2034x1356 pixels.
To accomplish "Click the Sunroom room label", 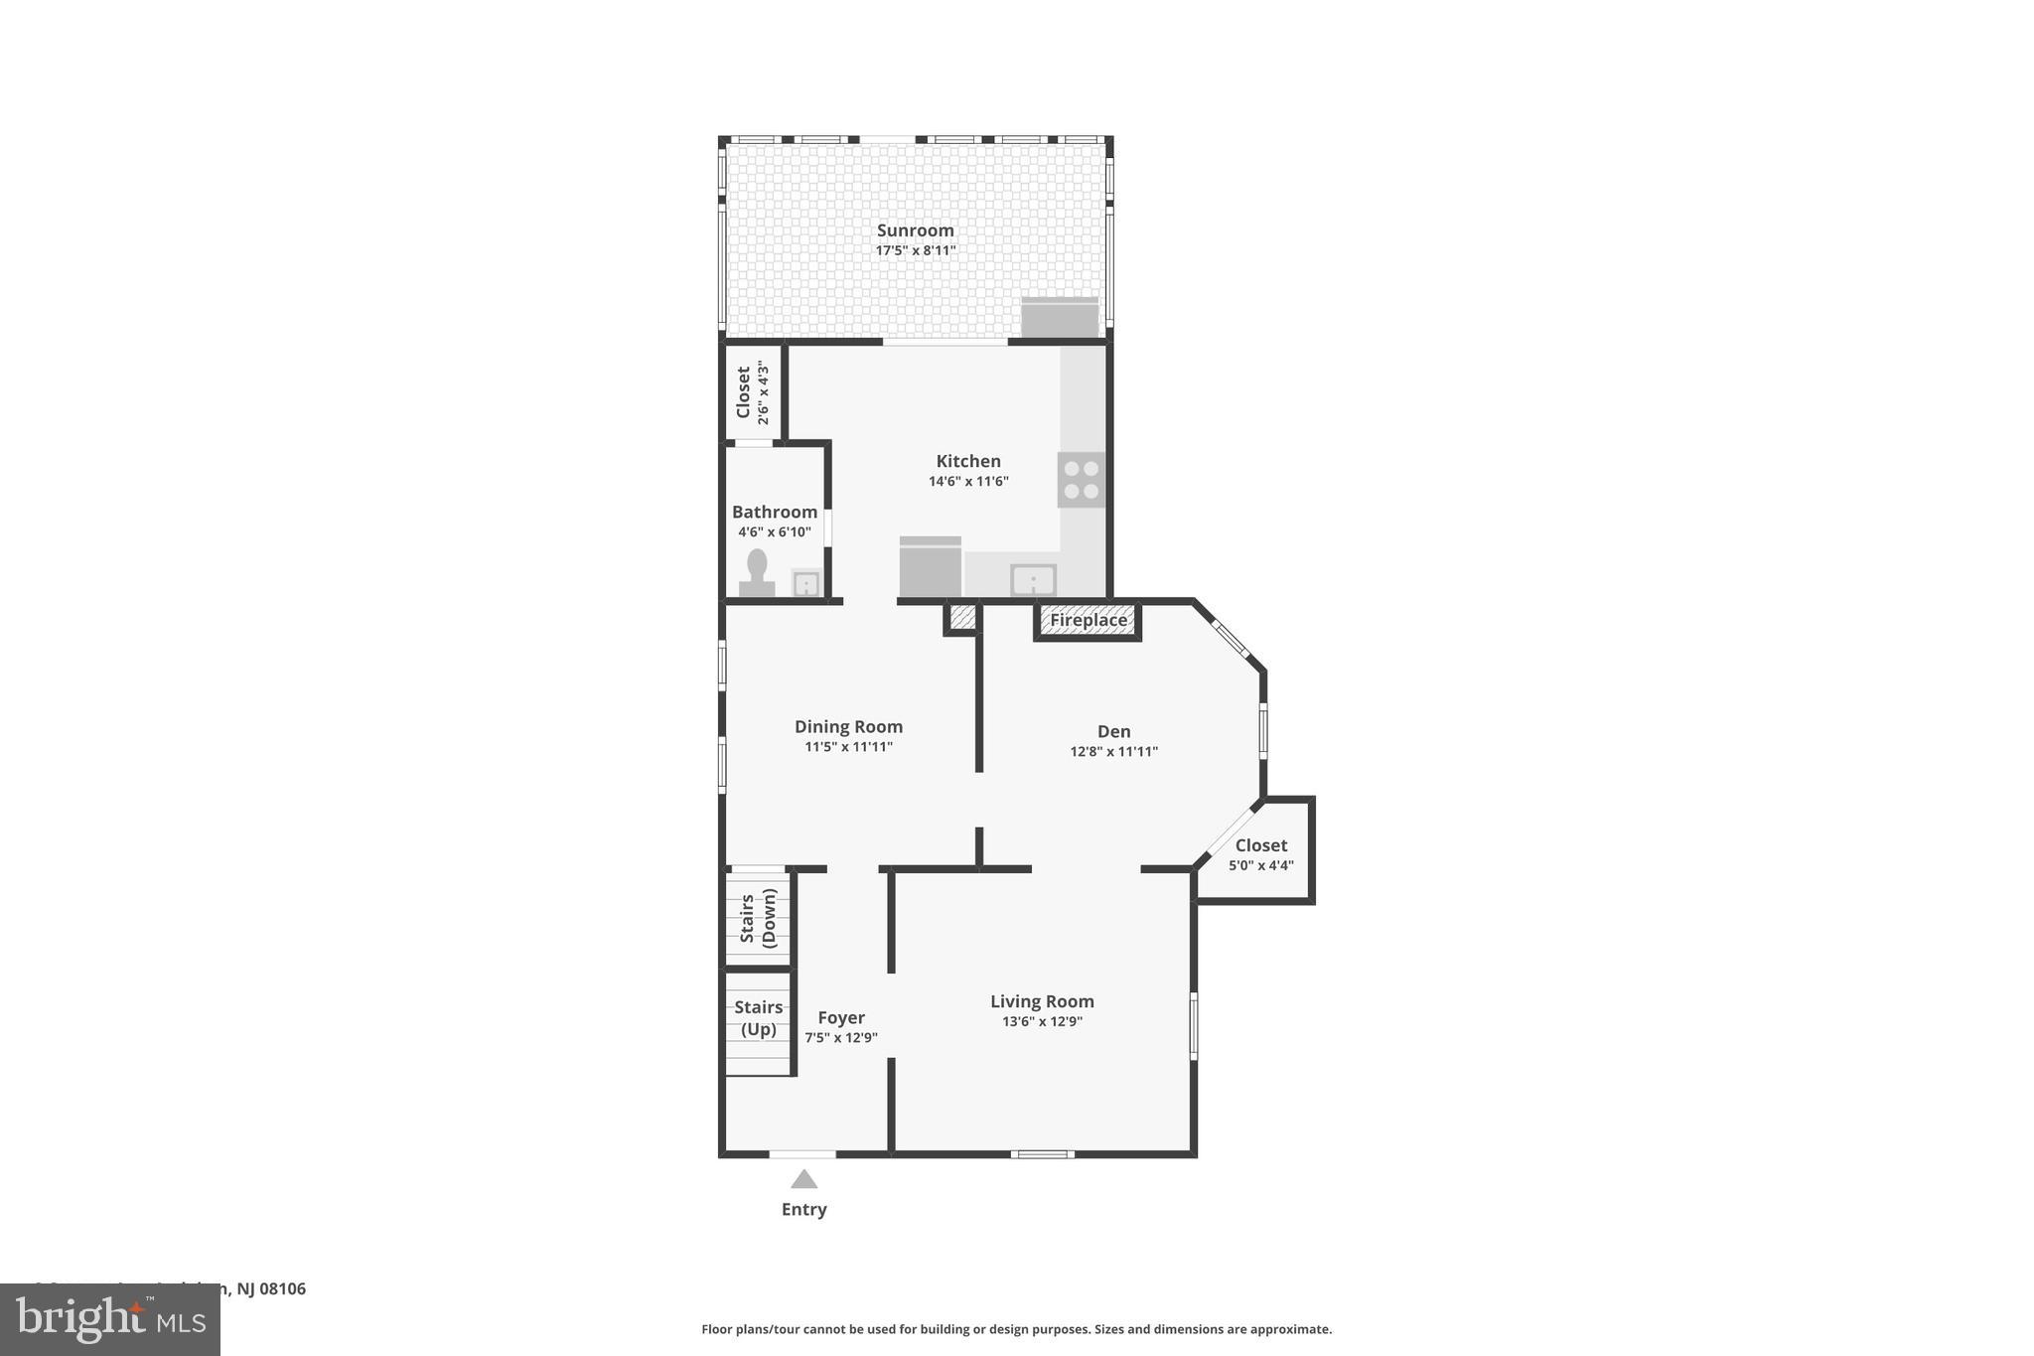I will [915, 230].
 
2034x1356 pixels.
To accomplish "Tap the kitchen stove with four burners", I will [1081, 480].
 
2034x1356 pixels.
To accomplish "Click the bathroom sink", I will [805, 583].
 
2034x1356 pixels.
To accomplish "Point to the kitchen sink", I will [1033, 580].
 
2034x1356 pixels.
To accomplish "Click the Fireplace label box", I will [1089, 621].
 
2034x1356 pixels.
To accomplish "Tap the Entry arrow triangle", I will [803, 1179].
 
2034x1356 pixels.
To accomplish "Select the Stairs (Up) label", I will [759, 1018].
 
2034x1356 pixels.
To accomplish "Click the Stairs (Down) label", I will [758, 917].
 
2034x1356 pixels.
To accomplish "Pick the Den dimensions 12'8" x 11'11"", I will [1113, 752].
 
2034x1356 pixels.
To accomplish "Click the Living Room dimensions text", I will [1042, 1021].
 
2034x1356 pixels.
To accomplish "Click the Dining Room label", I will [848, 727].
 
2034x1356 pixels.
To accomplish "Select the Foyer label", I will [840, 1017].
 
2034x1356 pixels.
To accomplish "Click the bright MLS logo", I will [109, 1320].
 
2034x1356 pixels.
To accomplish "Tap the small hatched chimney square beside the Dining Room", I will [961, 618].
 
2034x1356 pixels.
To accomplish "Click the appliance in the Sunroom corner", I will [1060, 318].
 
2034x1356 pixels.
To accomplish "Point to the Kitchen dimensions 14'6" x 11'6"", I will [968, 482].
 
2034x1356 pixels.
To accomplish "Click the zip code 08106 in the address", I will [283, 1289].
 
